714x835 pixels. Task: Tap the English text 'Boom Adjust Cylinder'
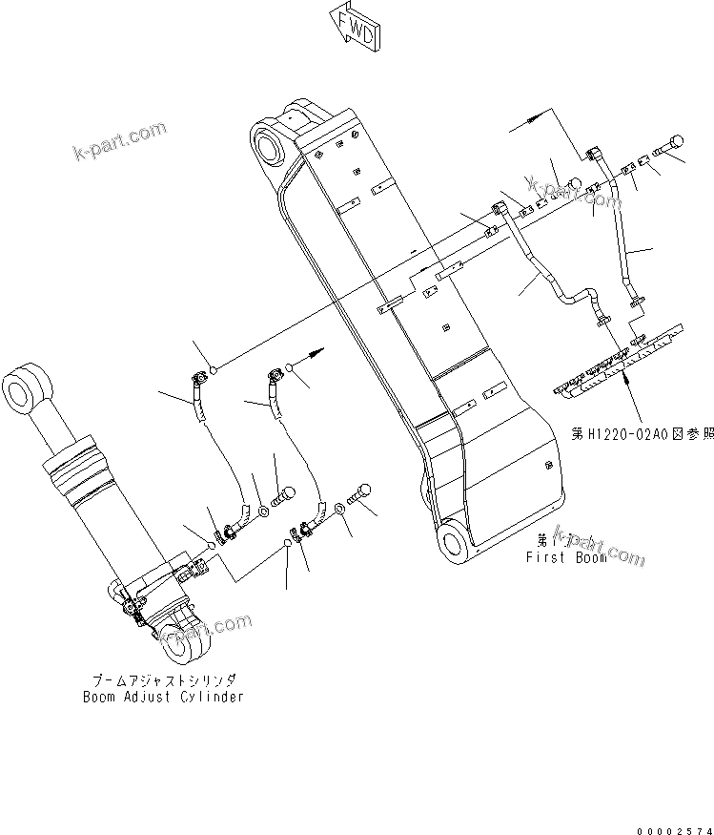[162, 696]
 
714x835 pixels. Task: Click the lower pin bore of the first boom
[453, 541]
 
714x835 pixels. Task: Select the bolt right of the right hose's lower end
[361, 492]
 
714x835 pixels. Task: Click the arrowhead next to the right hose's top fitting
[314, 354]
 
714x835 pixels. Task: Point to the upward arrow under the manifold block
[626, 379]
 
